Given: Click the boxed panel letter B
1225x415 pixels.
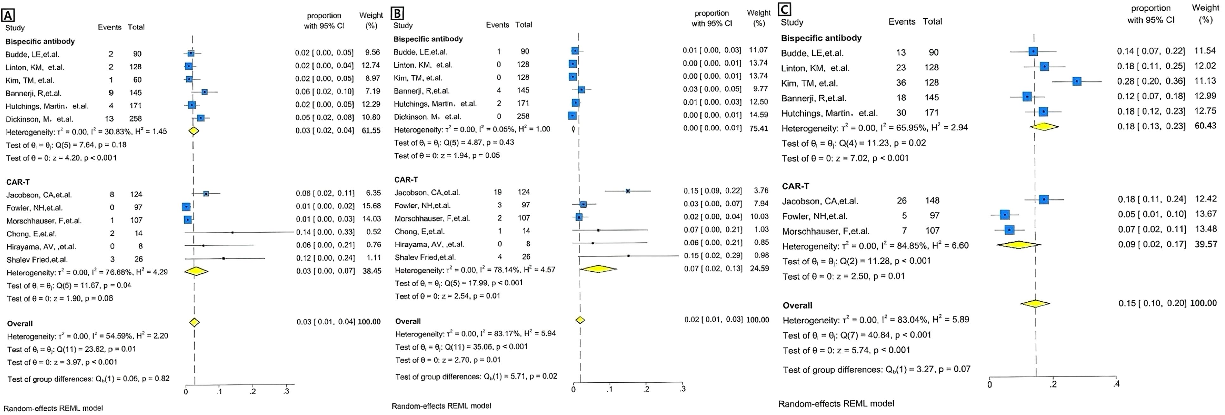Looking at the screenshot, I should (x=397, y=13).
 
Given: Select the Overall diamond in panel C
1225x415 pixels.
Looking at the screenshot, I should (x=1035, y=303).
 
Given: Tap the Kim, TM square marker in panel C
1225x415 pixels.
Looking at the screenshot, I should (x=1077, y=81).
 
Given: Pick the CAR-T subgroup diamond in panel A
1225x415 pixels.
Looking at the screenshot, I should (x=196, y=271).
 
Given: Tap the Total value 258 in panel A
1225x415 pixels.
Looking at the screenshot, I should (x=136, y=118).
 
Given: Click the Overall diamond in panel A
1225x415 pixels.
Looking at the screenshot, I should (x=194, y=322).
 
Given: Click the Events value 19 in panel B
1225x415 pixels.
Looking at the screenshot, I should (x=498, y=192).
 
